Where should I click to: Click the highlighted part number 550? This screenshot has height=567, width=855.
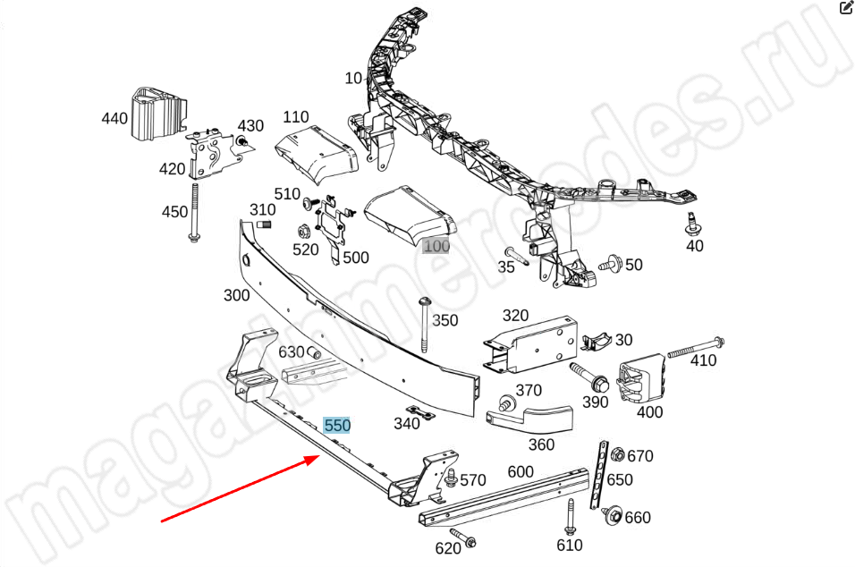tap(337, 426)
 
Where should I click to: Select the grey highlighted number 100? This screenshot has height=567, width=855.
tap(436, 246)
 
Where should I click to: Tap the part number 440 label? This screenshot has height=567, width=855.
tap(114, 118)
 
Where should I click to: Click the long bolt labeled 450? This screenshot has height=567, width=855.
tap(193, 211)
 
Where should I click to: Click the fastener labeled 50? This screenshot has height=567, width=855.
tap(611, 264)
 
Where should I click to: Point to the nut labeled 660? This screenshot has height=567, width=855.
tap(613, 515)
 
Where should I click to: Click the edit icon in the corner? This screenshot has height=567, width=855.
tap(846, 8)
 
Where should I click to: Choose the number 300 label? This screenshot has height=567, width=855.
tap(236, 295)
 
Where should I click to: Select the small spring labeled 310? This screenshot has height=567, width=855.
tap(264, 224)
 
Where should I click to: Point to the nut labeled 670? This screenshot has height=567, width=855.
tap(617, 455)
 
